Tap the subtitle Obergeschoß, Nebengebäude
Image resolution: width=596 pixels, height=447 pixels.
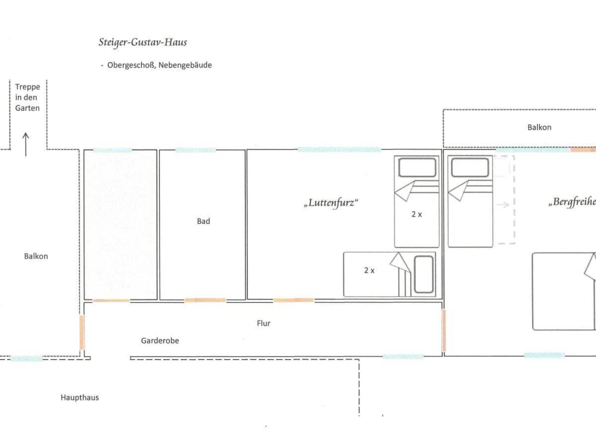click(160, 65)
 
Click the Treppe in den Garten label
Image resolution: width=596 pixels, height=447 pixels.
click(27, 97)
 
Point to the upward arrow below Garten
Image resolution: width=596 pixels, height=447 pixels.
click(26, 144)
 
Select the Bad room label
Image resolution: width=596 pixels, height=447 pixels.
click(203, 221)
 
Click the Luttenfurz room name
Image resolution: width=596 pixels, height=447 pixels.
click(331, 203)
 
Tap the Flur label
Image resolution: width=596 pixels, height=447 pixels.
click(264, 323)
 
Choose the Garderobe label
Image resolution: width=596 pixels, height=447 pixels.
click(160, 341)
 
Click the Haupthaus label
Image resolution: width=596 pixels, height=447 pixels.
click(80, 398)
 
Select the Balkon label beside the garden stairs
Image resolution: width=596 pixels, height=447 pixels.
click(36, 256)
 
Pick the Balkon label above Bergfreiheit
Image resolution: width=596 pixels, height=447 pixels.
click(540, 127)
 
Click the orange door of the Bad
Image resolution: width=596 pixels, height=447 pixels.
click(205, 300)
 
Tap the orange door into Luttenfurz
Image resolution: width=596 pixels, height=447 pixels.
click(294, 300)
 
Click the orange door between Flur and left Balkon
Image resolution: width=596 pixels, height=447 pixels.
click(82, 332)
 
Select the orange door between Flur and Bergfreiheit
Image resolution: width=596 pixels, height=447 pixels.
click(444, 330)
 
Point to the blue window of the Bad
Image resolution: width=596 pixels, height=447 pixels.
click(196, 150)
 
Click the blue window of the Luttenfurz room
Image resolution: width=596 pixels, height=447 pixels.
click(340, 150)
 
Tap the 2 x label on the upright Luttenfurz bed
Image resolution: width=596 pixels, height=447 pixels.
click(417, 214)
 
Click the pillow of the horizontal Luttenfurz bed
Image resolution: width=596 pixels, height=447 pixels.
click(424, 274)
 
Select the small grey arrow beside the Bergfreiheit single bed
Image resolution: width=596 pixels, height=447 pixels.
click(503, 205)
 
